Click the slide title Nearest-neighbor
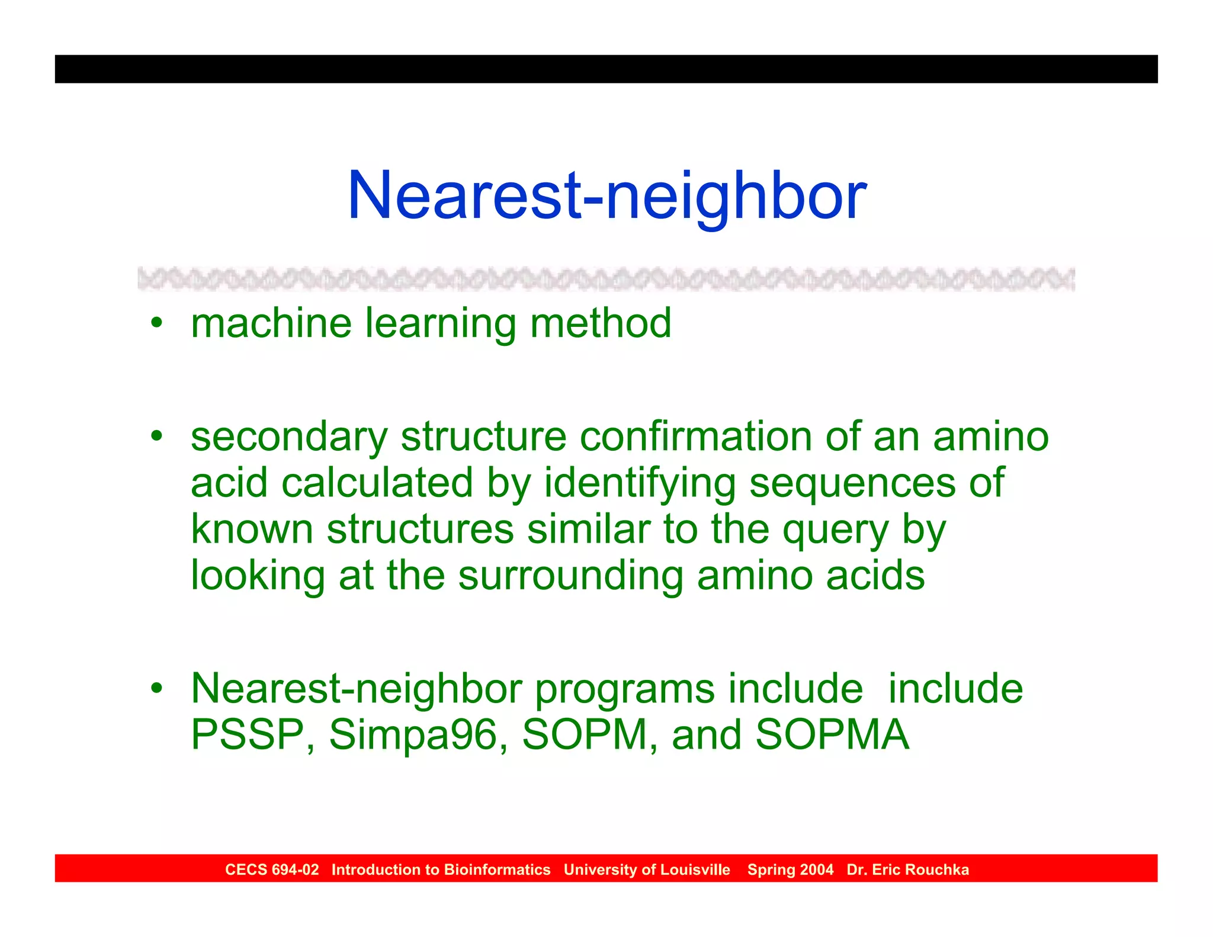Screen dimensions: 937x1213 tap(606, 195)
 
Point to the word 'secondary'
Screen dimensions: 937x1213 tap(288, 437)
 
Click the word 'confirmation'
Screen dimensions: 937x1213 tap(695, 437)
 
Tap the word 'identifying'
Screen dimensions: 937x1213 tap(640, 483)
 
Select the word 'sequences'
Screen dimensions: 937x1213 tap(852, 483)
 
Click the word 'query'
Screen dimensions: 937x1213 tap(835, 530)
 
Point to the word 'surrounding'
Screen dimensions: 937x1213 tap(570, 576)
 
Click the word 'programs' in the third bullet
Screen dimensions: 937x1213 tap(625, 690)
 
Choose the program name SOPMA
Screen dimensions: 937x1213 tap(832, 735)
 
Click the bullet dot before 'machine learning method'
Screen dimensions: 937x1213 tap(156, 323)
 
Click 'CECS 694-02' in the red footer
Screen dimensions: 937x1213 tap(272, 869)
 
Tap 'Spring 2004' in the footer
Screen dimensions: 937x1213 tap(790, 869)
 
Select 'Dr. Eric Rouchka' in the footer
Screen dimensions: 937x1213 tap(907, 869)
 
